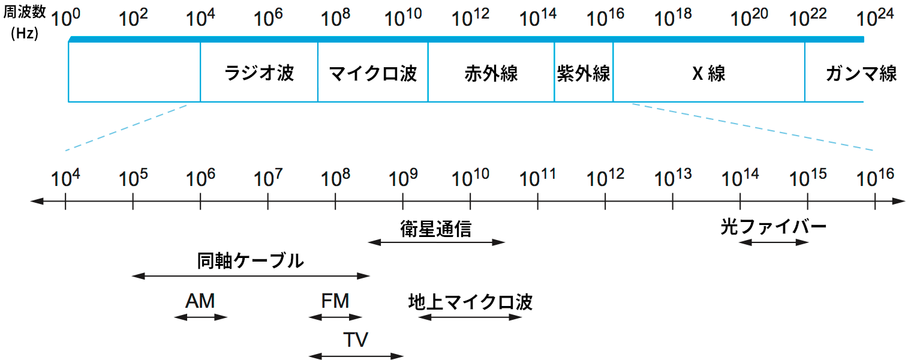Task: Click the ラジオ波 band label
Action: [x=259, y=74]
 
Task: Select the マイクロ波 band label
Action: [x=373, y=74]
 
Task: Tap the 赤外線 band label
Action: [x=491, y=74]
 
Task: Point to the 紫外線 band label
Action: [x=584, y=74]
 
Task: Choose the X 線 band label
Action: [x=709, y=74]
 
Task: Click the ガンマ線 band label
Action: [x=861, y=74]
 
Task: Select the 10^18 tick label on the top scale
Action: [x=673, y=18]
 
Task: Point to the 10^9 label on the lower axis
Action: [x=402, y=177]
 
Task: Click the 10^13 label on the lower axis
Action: [x=673, y=177]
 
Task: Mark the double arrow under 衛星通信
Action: [x=437, y=242]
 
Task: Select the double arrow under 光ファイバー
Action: [x=774, y=242]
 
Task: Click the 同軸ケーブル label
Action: [x=251, y=261]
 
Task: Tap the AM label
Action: [x=200, y=301]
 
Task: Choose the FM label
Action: [x=335, y=301]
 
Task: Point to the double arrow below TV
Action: [x=356, y=356]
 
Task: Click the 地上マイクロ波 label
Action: [x=470, y=301]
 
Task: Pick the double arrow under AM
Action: [x=200, y=317]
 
